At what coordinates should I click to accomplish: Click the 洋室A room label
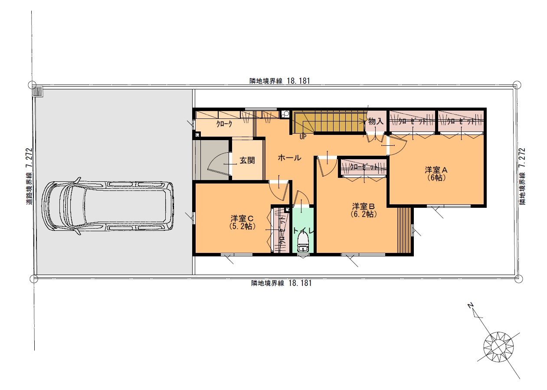pyautogui.click(x=436, y=170)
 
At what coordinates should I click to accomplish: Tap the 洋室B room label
pyautogui.click(x=363, y=206)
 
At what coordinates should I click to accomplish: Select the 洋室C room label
pyautogui.click(x=242, y=218)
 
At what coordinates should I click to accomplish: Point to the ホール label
pyautogui.click(x=289, y=158)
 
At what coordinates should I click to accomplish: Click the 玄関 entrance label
pyautogui.click(x=247, y=160)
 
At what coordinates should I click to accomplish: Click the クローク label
pyautogui.click(x=224, y=124)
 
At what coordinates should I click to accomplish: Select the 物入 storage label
pyautogui.click(x=376, y=121)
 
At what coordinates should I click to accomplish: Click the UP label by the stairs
pyautogui.click(x=303, y=137)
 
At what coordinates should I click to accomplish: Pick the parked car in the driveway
pyautogui.click(x=108, y=206)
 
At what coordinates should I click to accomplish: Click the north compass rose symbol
pyautogui.click(x=498, y=347)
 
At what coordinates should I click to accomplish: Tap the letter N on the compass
pyautogui.click(x=471, y=305)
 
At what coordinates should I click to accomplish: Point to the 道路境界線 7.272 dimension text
pyautogui.click(x=29, y=176)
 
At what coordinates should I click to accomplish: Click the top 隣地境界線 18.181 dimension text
pyautogui.click(x=280, y=81)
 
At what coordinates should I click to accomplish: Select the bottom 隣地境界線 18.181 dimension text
pyautogui.click(x=282, y=283)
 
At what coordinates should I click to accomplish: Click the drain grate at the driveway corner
pyautogui.click(x=38, y=92)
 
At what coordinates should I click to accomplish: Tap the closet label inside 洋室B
pyautogui.click(x=364, y=167)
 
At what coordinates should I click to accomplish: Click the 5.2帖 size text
pyautogui.click(x=242, y=226)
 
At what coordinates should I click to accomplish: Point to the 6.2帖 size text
pyautogui.click(x=364, y=214)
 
